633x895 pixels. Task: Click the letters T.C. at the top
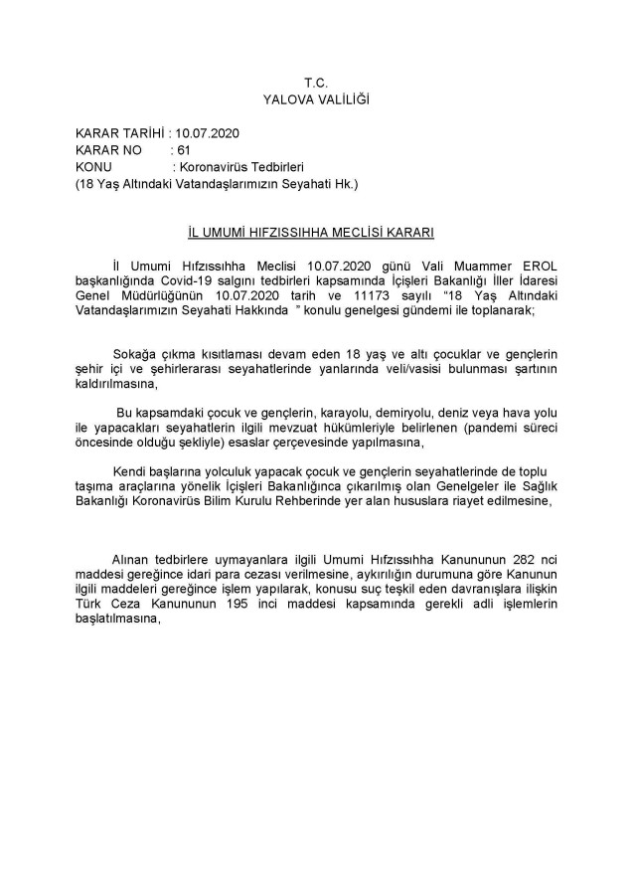point(316,83)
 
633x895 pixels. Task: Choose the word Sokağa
point(139,355)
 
